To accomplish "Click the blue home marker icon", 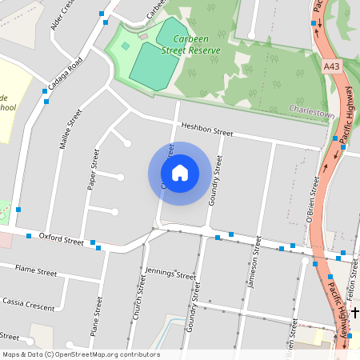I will pos(179,172).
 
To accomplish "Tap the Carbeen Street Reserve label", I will pos(191,44).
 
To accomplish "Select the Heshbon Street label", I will pos(206,130).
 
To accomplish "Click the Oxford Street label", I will pos(61,239).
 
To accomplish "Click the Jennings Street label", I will pos(170,274).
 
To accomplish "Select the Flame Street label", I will pos(36,272).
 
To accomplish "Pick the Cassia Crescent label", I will pos(30,305).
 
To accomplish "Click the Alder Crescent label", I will pos(66,16).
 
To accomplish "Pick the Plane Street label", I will pos(97,316).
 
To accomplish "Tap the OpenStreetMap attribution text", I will pos(81,354).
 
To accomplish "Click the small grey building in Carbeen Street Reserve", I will pos(143,37).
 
